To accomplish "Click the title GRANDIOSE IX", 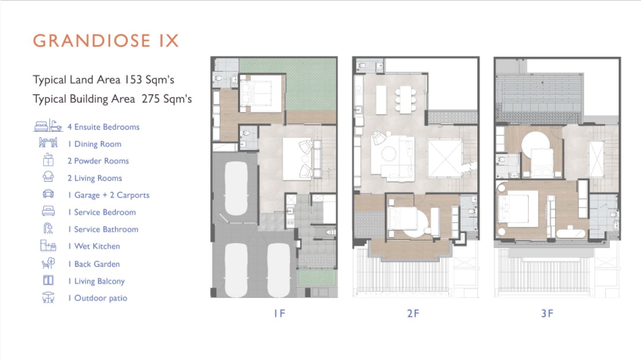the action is pyautogui.click(x=106, y=40).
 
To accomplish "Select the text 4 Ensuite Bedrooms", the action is pyautogui.click(x=103, y=127).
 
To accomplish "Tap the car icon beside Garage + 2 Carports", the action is pyautogui.click(x=48, y=194).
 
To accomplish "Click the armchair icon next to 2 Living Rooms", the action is pyautogui.click(x=48, y=177).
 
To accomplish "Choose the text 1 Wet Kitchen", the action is pyautogui.click(x=94, y=246).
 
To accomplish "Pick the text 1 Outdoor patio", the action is pyautogui.click(x=97, y=298).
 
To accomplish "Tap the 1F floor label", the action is pyautogui.click(x=279, y=313).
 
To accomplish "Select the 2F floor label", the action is pyautogui.click(x=413, y=313).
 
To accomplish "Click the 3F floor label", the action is pyautogui.click(x=547, y=313).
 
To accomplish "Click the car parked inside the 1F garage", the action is pyautogui.click(x=236, y=188).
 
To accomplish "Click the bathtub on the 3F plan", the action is pyautogui.click(x=571, y=233).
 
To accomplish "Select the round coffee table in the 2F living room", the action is pyautogui.click(x=389, y=154).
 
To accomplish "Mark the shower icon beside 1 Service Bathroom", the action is pyautogui.click(x=48, y=228).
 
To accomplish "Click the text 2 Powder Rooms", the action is pyautogui.click(x=98, y=161).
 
